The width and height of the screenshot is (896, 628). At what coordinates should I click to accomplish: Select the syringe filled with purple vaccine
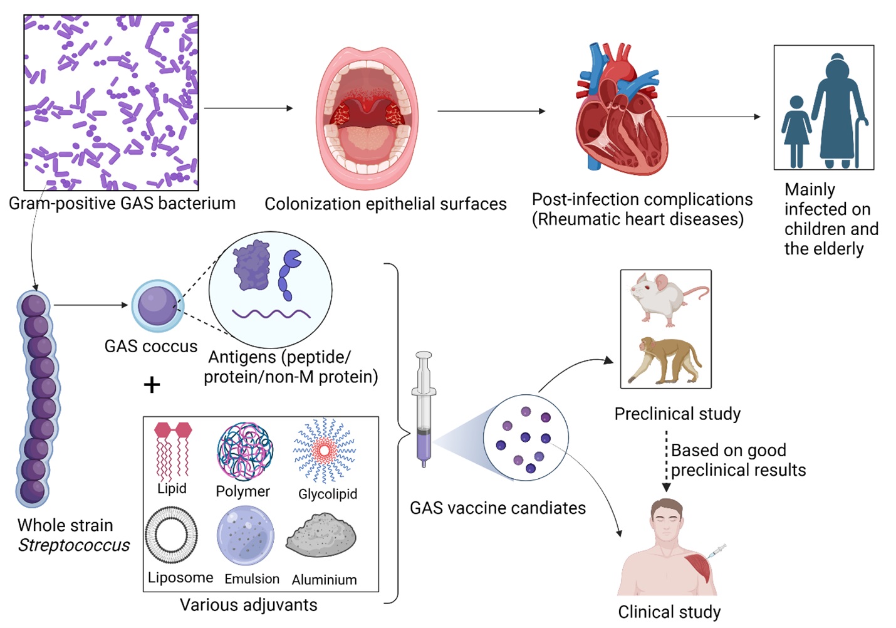click(x=424, y=411)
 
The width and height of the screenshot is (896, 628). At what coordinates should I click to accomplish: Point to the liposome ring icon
click(x=171, y=535)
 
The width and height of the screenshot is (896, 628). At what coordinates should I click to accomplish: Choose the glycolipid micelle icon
click(x=325, y=450)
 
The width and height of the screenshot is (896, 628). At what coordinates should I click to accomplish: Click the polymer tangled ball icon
click(x=245, y=451)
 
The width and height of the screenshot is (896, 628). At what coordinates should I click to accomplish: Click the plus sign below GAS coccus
click(x=152, y=384)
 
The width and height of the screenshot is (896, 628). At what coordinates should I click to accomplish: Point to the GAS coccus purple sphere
click(x=157, y=305)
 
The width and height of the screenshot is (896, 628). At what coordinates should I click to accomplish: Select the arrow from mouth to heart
click(x=491, y=112)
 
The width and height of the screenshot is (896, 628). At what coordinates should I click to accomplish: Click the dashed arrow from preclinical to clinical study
click(x=666, y=461)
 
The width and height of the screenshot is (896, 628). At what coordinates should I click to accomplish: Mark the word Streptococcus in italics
click(x=74, y=545)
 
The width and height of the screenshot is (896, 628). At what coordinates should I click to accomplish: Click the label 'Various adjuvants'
click(x=248, y=605)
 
